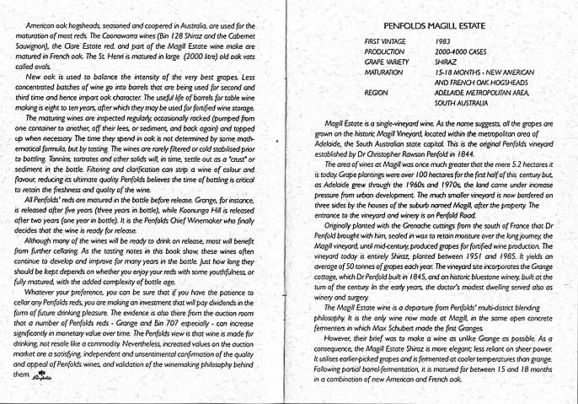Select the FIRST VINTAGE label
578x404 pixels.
pos(383,40)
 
